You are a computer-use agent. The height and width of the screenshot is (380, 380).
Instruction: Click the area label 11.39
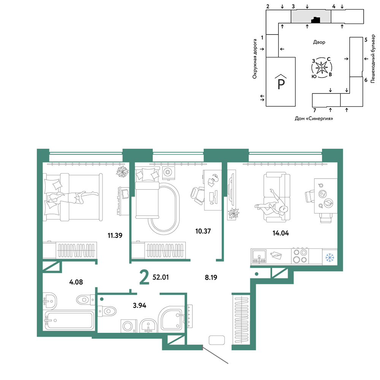pos(115,235)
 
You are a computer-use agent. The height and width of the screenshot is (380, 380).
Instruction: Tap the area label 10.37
pos(203,231)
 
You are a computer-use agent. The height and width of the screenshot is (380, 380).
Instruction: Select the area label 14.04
pos(281,233)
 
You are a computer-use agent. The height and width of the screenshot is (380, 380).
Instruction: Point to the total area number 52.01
pos(160,277)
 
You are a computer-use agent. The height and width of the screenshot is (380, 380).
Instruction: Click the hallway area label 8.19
pos(211,277)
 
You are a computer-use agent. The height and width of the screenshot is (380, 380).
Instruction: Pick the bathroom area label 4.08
pos(76,282)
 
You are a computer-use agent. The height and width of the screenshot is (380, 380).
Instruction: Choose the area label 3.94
pos(139,306)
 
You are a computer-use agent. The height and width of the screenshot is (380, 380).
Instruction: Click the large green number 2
pos(144,277)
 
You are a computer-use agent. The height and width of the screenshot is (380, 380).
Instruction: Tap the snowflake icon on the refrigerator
pos(329,257)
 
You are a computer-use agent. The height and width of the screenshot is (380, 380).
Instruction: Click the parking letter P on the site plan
pos(281,84)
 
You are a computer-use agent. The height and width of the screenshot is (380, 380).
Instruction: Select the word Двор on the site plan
pos(319,42)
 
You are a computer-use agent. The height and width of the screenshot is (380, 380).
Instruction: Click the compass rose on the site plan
pos(321,68)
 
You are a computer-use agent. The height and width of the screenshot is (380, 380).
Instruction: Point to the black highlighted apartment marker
pos(315,20)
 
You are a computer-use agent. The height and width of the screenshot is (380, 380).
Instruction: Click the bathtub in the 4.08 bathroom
pos(69,320)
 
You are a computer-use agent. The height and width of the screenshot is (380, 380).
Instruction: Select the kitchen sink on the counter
pos(259,256)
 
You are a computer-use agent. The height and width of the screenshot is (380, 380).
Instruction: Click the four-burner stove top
pos(300,256)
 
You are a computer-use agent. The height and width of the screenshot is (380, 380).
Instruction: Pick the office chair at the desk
pos(197,196)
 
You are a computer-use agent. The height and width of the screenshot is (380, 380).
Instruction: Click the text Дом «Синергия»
pos(314,119)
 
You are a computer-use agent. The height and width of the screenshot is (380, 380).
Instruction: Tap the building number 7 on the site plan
pos(315,111)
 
